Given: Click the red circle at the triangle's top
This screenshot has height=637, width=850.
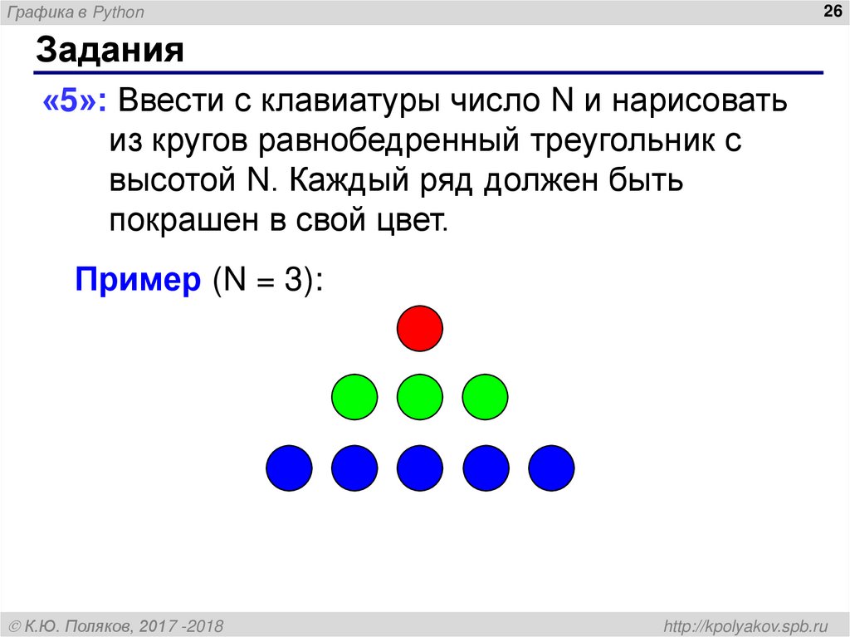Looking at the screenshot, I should click(420, 329).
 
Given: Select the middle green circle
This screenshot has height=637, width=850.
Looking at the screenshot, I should click(420, 397).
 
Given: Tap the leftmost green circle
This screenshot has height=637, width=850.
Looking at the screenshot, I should click(354, 397).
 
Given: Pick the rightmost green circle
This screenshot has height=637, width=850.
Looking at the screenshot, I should click(485, 397).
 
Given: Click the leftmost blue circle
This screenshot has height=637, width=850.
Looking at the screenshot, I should click(289, 468).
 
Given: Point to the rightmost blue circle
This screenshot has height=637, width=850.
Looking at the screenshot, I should click(551, 468).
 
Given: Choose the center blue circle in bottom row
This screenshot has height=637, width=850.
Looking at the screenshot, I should click(420, 468).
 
